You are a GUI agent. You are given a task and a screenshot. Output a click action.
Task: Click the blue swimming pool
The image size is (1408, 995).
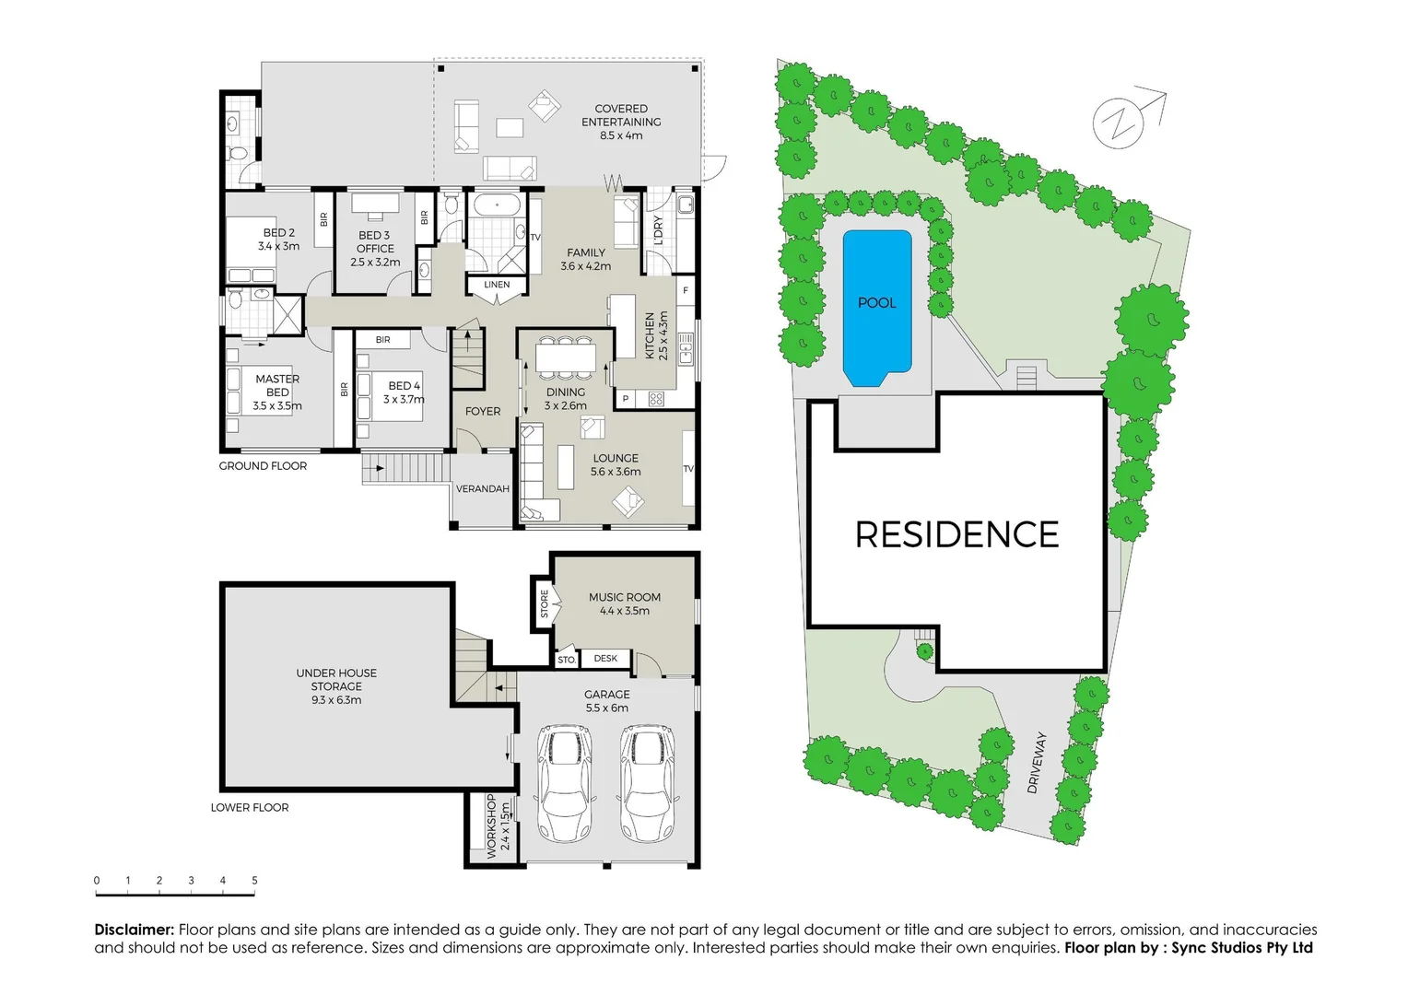point(876,307)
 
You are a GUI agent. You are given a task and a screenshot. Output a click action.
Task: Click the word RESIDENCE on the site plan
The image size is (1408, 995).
point(956,535)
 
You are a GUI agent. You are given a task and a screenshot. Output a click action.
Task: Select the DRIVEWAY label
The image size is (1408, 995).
point(1037,763)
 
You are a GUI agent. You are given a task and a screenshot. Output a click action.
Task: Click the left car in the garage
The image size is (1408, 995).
point(564,782)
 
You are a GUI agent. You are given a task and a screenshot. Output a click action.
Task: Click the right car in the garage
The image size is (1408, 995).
point(647,782)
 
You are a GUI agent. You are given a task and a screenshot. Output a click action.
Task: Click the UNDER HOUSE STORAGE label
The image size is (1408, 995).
point(336,686)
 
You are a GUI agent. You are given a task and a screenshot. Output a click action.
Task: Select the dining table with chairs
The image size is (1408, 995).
point(565,357)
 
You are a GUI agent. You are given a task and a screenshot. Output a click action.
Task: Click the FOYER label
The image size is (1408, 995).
point(483,412)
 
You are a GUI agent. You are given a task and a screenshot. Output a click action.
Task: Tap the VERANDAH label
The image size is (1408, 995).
point(483,489)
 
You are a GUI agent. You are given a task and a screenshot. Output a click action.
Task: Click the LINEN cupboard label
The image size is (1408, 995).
point(497,285)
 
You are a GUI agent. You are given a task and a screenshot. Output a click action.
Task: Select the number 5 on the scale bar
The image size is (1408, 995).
point(254,881)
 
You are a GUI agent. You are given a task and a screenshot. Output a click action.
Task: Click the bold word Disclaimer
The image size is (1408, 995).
point(135,930)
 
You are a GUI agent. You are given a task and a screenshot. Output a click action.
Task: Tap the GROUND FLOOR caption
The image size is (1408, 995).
point(263,466)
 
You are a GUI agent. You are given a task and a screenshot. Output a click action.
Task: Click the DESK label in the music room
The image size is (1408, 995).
point(605,659)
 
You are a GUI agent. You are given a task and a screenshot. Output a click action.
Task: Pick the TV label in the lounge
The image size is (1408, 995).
point(687,469)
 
